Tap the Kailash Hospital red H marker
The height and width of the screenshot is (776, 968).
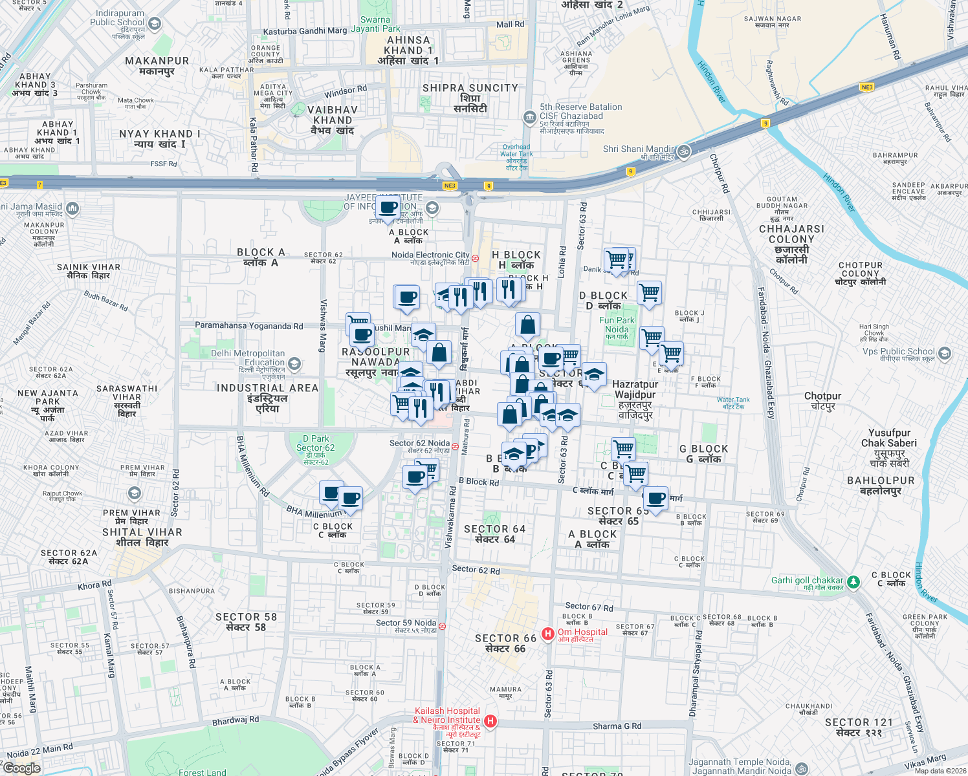(490, 721)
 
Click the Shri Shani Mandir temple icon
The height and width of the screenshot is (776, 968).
(684, 152)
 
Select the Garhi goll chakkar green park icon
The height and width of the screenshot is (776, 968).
(853, 582)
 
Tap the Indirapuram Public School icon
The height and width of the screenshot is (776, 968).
(155, 24)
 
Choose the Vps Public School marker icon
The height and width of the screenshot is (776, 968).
(945, 354)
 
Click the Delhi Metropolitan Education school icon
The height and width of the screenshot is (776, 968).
(294, 364)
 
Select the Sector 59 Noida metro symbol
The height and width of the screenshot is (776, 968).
(442, 626)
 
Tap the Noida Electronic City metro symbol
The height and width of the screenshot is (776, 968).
(475, 258)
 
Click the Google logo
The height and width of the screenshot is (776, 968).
(21, 768)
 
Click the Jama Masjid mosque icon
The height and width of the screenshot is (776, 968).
(72, 208)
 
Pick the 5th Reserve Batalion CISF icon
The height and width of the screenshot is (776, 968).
(529, 117)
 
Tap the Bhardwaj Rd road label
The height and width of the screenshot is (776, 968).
(236, 720)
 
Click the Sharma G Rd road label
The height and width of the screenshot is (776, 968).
(617, 726)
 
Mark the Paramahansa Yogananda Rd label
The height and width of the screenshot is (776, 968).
(249, 326)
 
